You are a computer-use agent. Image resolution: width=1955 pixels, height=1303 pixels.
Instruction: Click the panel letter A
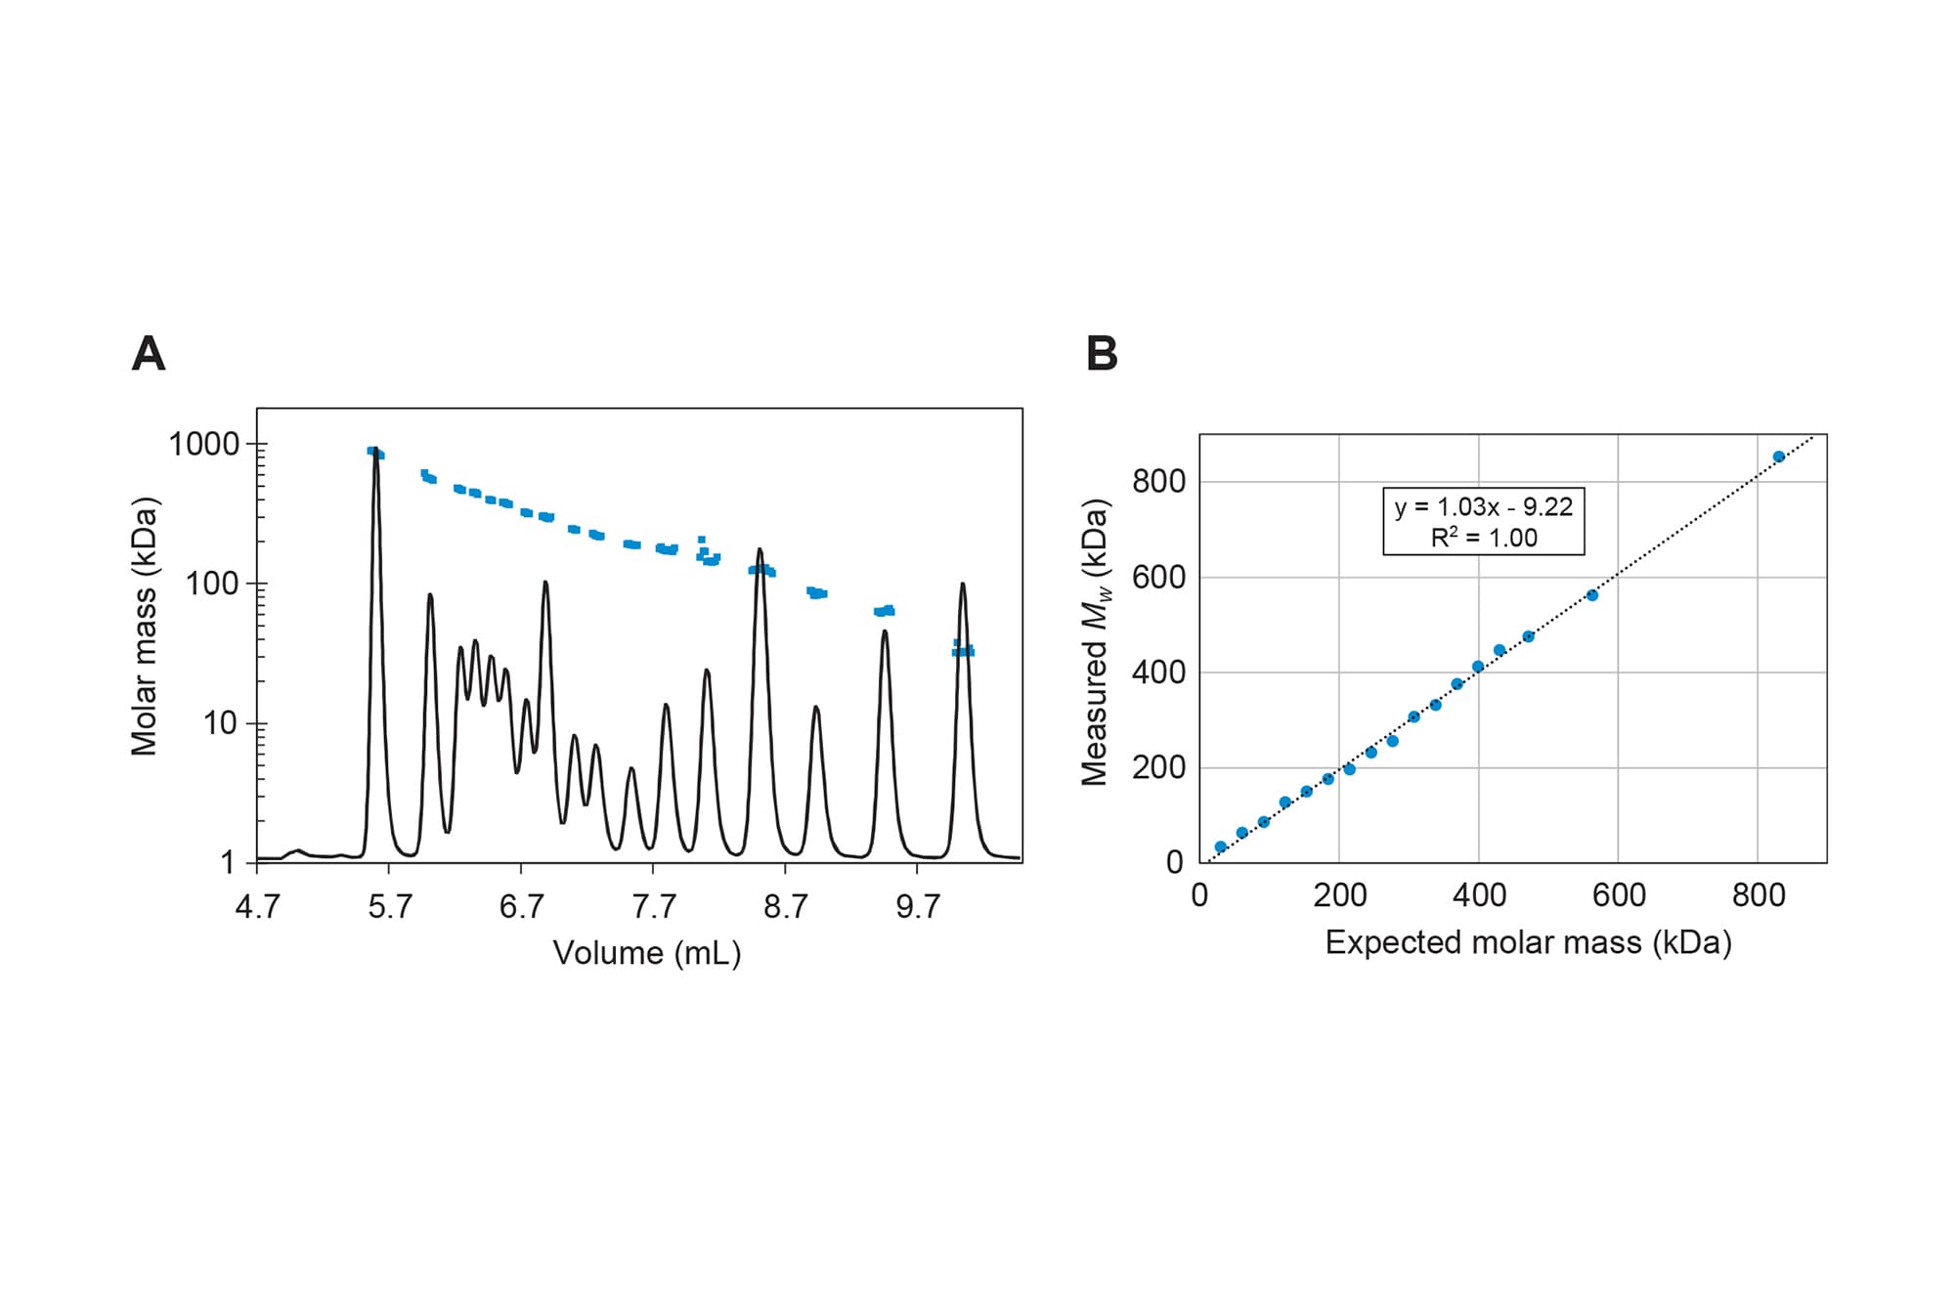[x=149, y=354]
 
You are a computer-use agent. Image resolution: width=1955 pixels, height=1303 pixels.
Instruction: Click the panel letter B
[x=1102, y=354]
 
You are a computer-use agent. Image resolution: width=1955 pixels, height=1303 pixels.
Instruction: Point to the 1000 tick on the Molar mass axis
[x=205, y=445]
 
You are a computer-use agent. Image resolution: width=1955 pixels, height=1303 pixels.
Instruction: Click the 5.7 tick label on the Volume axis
[x=389, y=907]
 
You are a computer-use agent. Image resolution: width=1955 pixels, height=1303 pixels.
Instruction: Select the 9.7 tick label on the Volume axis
[x=917, y=907]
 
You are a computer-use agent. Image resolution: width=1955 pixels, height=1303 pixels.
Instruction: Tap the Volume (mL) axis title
[x=646, y=953]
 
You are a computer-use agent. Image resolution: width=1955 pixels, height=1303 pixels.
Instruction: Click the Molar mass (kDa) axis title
[x=145, y=627]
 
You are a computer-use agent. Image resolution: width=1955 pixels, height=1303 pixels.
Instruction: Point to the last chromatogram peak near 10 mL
[x=963, y=586]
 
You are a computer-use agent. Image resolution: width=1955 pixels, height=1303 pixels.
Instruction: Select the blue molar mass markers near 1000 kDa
[x=376, y=453]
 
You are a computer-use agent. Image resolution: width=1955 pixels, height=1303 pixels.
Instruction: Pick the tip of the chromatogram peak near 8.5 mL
[x=760, y=550]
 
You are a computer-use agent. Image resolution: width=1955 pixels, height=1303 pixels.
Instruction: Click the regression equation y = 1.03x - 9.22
[x=1483, y=507]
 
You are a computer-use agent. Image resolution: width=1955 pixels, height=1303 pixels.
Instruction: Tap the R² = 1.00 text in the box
[x=1483, y=538]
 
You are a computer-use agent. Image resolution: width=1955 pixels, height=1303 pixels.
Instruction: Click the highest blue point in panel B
[x=1778, y=456]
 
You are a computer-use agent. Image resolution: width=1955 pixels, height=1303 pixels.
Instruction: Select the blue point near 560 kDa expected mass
[x=1591, y=595]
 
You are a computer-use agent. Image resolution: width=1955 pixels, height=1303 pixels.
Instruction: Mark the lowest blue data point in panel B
[x=1220, y=847]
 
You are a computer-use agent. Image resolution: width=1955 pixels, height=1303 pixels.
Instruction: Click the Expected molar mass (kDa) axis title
[x=1528, y=942]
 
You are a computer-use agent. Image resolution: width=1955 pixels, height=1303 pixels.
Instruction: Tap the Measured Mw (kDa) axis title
[x=1096, y=642]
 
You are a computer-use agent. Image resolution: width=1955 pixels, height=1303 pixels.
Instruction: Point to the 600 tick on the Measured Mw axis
[x=1159, y=578]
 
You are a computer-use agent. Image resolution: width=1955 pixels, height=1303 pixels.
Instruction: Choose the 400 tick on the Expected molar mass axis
[x=1478, y=895]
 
